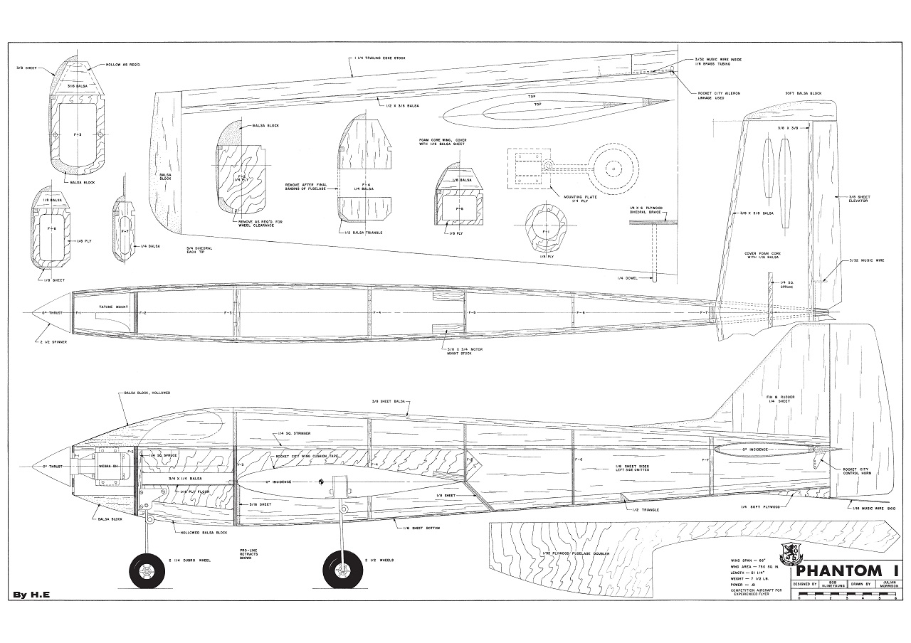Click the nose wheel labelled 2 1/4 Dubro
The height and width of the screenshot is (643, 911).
(x=146, y=570)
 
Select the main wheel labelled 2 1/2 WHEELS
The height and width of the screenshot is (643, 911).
(x=339, y=570)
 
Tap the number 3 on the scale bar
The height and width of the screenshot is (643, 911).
(x=846, y=598)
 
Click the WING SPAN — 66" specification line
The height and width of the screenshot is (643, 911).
(x=744, y=560)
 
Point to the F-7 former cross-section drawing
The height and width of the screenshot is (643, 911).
(x=125, y=231)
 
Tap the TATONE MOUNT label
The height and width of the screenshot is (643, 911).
(x=110, y=307)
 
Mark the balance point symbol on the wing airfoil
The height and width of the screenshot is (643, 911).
(x=322, y=482)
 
